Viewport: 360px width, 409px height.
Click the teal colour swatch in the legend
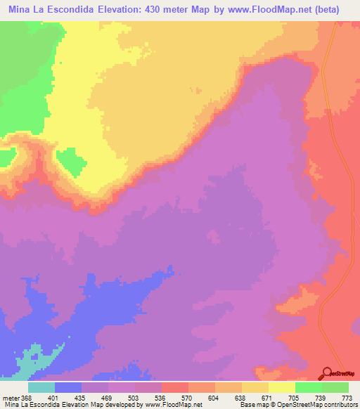point(41,387)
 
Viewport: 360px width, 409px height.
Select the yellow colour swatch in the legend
point(282,387)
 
